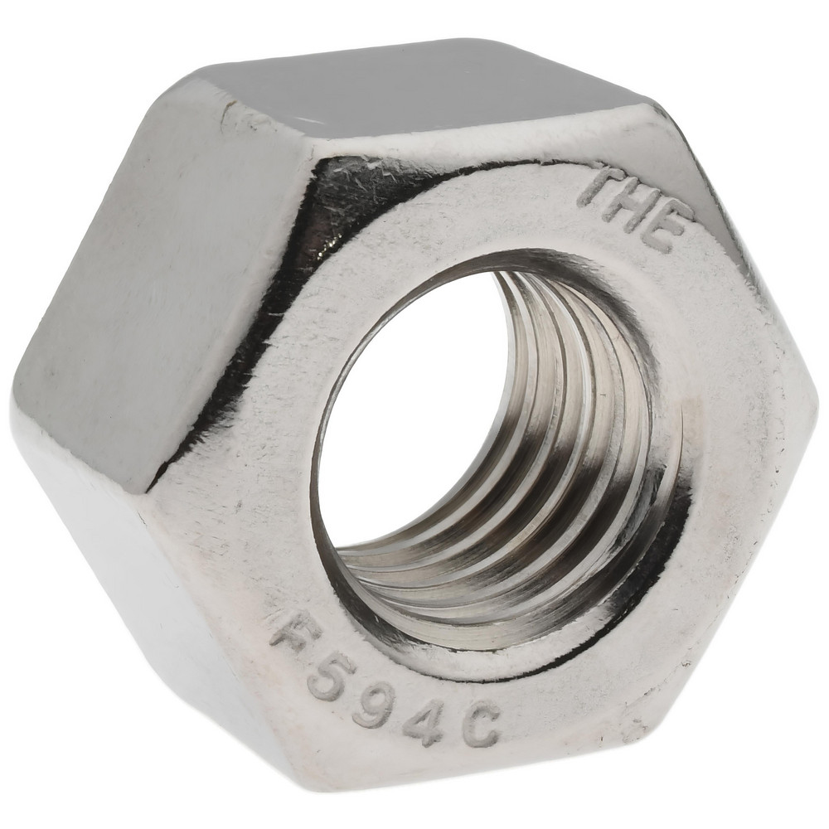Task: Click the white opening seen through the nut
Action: click(x=406, y=414)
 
